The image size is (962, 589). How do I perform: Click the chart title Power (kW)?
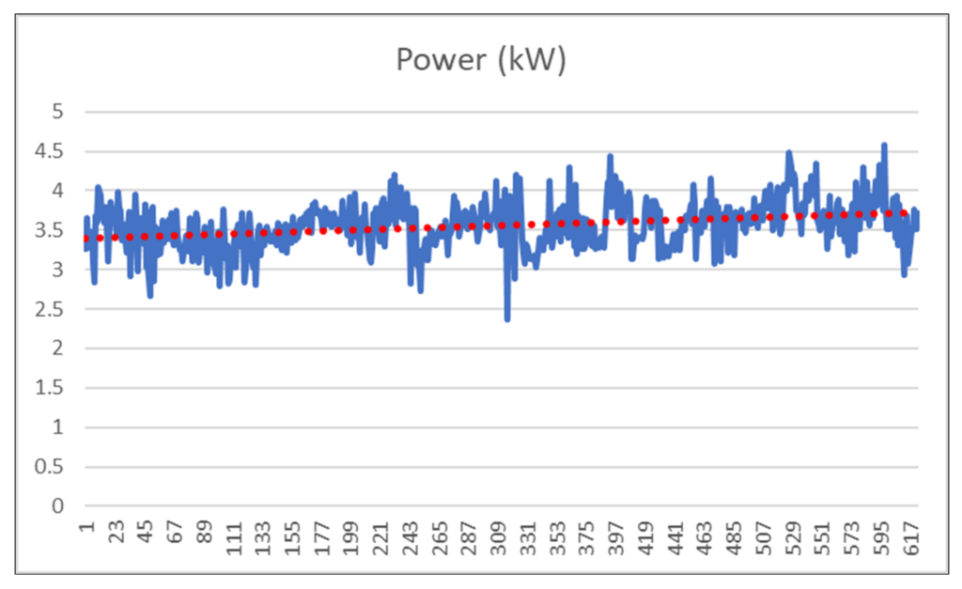pyautogui.click(x=481, y=60)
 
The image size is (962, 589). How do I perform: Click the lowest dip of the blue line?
pyautogui.click(x=507, y=318)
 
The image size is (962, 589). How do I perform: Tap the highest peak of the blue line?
pyautogui.click(x=884, y=145)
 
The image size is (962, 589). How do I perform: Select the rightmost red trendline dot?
pyautogui.click(x=904, y=213)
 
